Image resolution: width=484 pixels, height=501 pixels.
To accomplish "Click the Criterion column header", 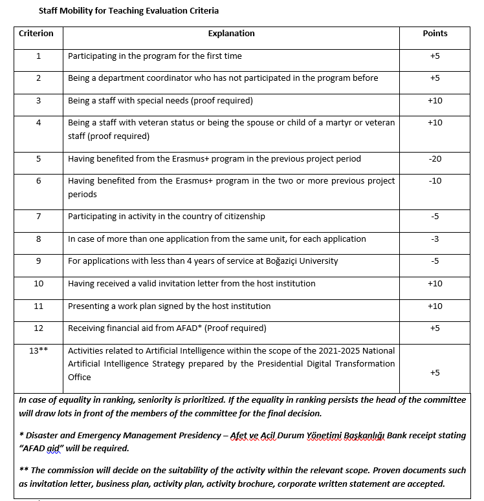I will click(x=36, y=33).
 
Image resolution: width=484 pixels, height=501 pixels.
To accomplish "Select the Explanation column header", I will click(x=231, y=33).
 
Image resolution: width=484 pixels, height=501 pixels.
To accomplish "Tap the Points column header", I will click(x=435, y=33).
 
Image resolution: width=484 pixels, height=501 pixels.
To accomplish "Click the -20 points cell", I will click(x=435, y=158).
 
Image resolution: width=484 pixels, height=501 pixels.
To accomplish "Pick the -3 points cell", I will click(x=435, y=239).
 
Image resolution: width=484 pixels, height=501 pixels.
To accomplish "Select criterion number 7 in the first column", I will click(x=38, y=217).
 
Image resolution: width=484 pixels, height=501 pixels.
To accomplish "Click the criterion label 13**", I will click(x=38, y=350).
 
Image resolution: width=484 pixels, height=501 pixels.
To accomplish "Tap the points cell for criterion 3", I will click(x=435, y=100).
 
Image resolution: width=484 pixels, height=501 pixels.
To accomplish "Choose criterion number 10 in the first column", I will click(x=38, y=283).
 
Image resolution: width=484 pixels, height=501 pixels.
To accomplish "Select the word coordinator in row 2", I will click(x=170, y=78).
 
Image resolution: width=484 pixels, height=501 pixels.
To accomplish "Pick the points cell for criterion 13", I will click(x=435, y=372).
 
